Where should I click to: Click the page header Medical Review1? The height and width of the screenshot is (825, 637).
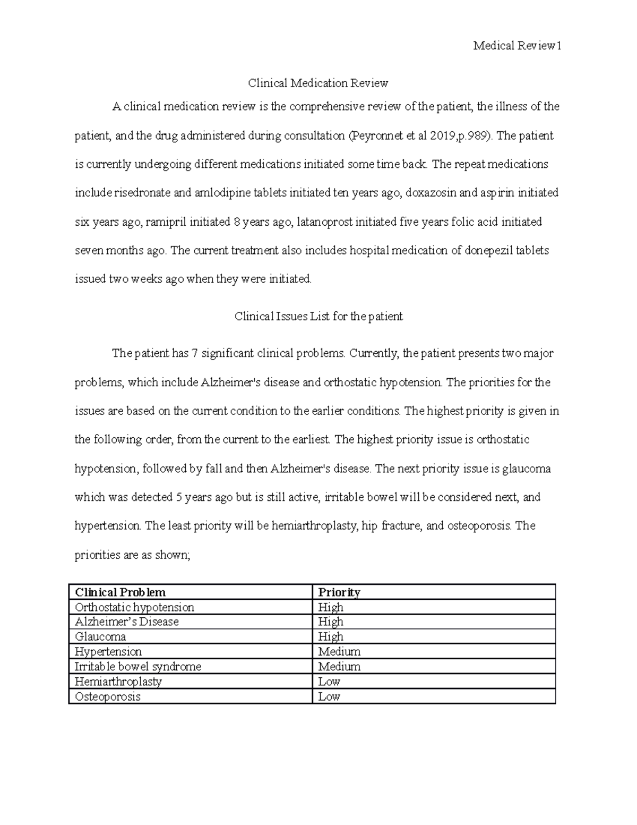coord(517,46)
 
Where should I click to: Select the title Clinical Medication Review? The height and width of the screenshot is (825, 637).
coord(318,83)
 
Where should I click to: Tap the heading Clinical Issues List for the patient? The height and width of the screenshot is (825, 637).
coord(318,317)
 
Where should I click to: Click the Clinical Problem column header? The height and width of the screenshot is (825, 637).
coord(120,592)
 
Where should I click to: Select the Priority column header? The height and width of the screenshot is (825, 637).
coord(339,592)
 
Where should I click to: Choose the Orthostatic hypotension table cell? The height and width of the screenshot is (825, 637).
coord(135,607)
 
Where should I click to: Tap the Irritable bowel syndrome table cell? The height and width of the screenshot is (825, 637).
coord(138,667)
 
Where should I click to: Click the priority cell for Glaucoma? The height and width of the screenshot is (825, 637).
coord(331,637)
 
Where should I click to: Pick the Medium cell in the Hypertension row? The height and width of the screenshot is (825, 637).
coord(339,652)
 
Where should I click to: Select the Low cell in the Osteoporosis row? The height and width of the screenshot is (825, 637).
coord(329,696)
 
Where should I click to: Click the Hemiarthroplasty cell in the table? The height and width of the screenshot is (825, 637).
coord(118,682)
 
